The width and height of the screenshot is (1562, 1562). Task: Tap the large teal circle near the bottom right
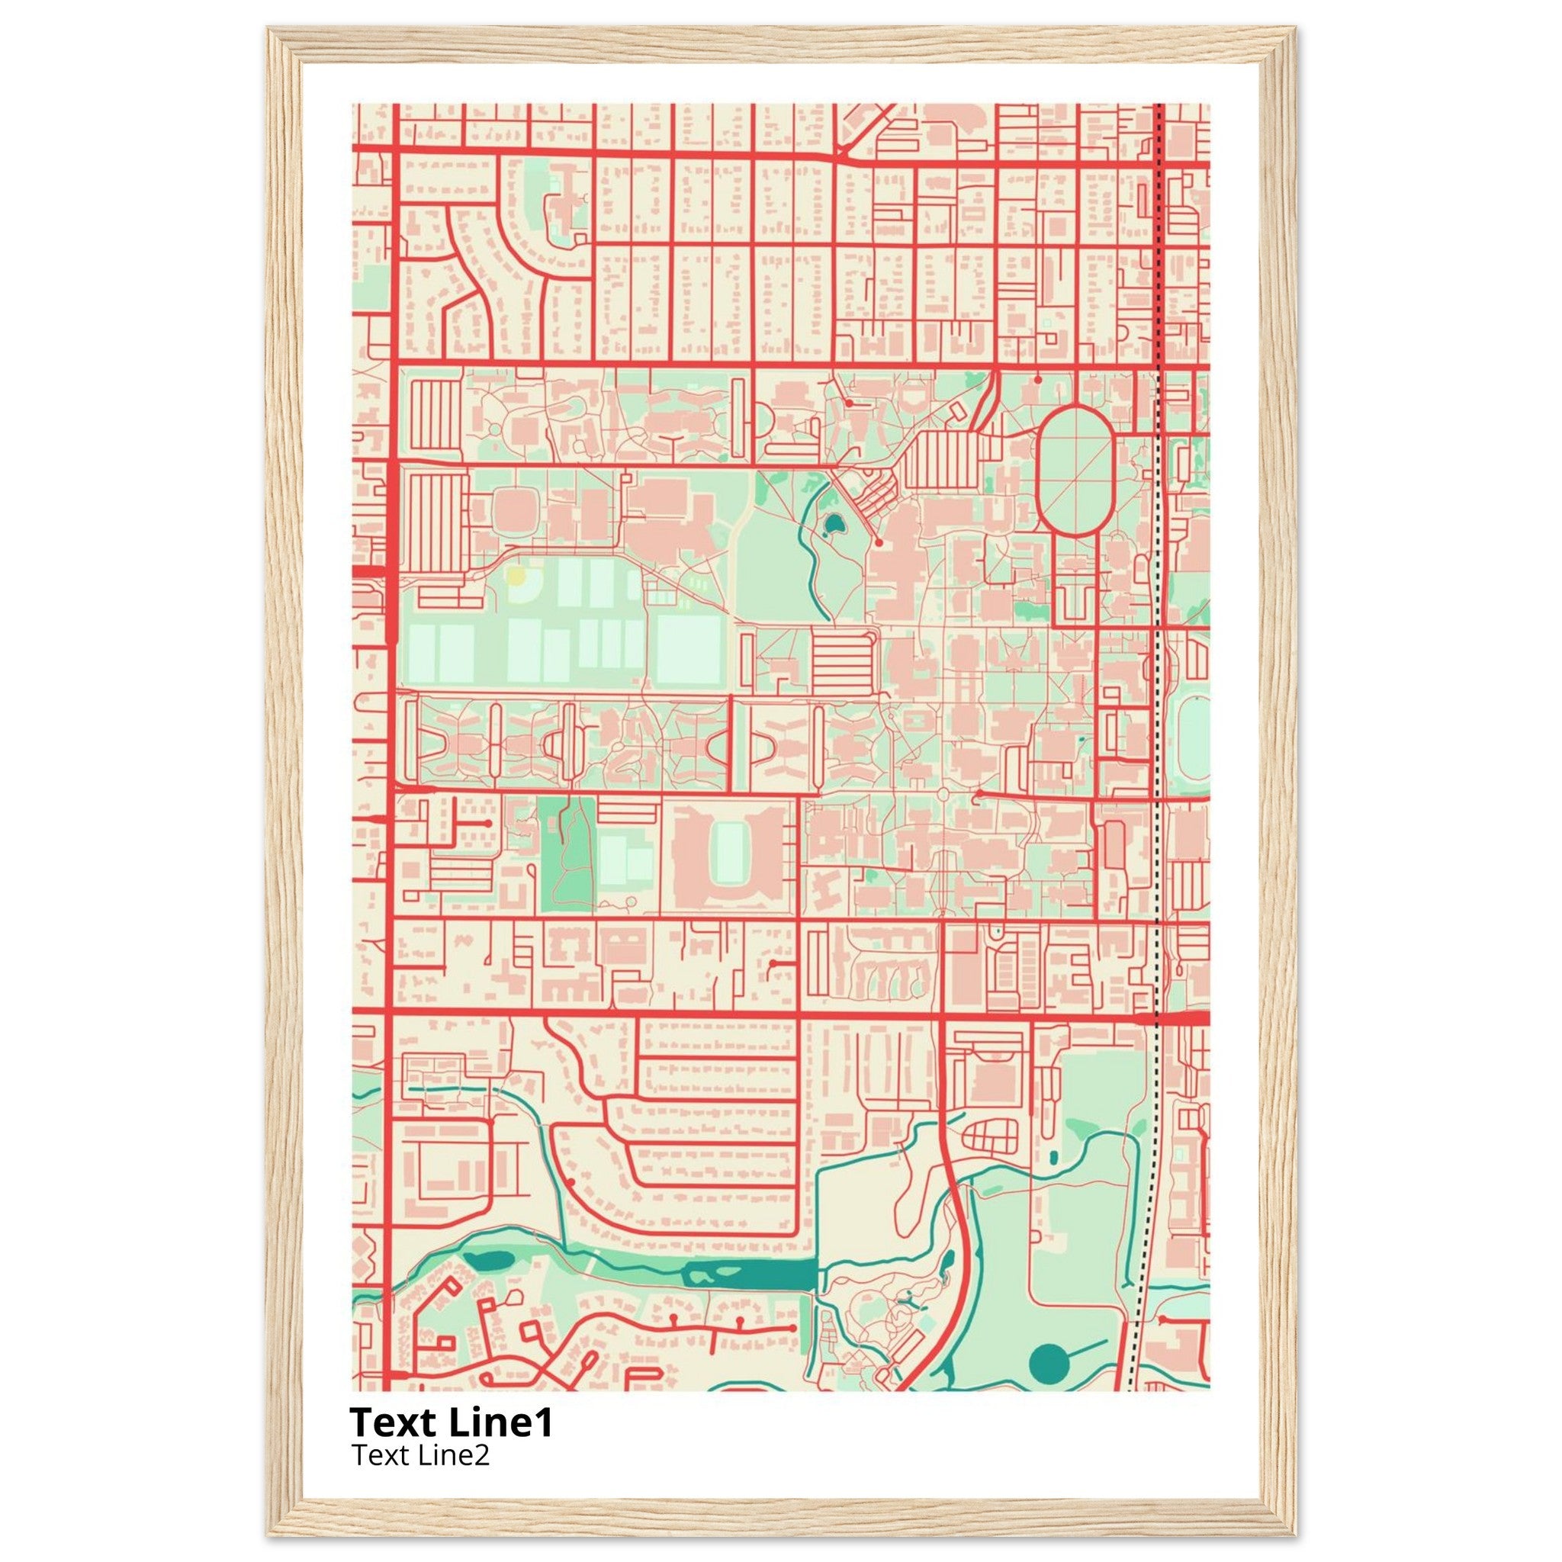pyautogui.click(x=1049, y=1364)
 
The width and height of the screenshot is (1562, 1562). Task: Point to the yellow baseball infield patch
pyautogui.click(x=515, y=577)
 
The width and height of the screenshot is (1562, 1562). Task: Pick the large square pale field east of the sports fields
pyautogui.click(x=688, y=649)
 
